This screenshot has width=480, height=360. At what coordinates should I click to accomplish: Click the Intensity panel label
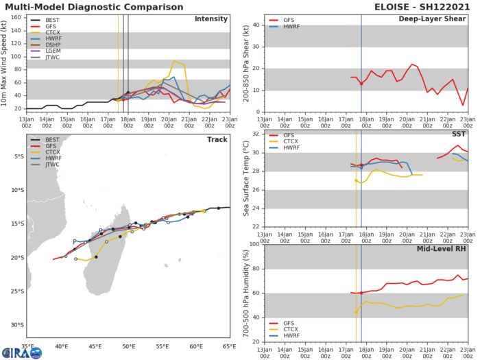point(211,19)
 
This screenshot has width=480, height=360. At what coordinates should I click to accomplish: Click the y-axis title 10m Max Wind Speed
point(6,62)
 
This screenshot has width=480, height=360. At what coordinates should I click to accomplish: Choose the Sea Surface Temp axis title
point(246,180)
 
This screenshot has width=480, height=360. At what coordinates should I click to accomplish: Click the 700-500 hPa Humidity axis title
point(246,293)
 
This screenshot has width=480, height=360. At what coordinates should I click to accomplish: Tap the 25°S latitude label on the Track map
point(16,291)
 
